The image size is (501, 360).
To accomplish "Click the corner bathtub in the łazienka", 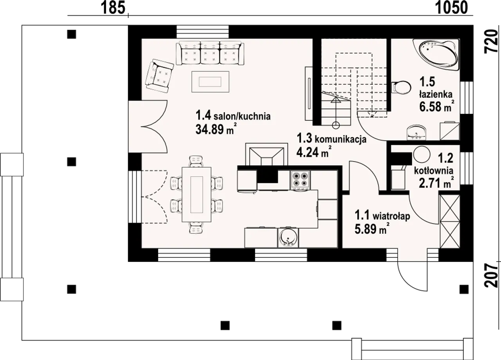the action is point(436,55).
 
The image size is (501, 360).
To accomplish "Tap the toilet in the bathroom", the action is point(401,87).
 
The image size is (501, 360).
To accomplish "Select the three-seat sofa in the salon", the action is point(210,53).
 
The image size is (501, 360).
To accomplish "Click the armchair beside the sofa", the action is point(159,76).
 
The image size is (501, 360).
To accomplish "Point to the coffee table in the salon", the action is point(210,82).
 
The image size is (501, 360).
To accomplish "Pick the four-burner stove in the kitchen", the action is point(300,180).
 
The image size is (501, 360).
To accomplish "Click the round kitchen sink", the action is point(288,238).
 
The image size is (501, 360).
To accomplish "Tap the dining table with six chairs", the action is point(196,194).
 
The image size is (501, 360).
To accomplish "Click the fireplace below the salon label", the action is point(267,155).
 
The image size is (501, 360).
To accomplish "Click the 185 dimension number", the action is point(113,7).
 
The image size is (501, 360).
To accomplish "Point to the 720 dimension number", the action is point(491,42).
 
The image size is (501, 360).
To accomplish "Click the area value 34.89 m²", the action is point(215,129).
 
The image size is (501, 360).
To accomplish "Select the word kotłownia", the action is point(434,171).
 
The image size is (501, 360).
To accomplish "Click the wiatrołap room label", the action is point(382,216).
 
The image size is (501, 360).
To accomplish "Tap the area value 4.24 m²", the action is point(314,152).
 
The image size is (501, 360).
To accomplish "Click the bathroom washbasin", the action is point(416,132).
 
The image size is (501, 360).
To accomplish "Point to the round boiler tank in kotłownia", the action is point(422,154).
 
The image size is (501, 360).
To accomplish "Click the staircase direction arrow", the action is point(336,112).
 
